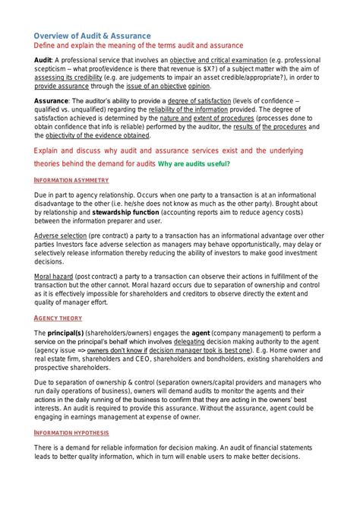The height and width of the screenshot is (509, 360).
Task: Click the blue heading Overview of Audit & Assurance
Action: pyautogui.click(x=92, y=36)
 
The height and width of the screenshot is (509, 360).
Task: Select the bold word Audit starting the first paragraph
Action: pyautogui.click(x=43, y=60)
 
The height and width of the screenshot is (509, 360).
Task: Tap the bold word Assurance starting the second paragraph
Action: pyautogui.click(x=52, y=101)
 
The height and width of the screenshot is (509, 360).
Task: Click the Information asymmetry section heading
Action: pyautogui.click(x=71, y=181)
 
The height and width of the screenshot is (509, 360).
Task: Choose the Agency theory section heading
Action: pyautogui.click(x=58, y=318)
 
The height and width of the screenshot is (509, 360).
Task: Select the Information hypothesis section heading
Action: pyautogui.click(x=71, y=432)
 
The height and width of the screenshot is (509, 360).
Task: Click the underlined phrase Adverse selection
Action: pyautogui.click(x=61, y=236)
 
